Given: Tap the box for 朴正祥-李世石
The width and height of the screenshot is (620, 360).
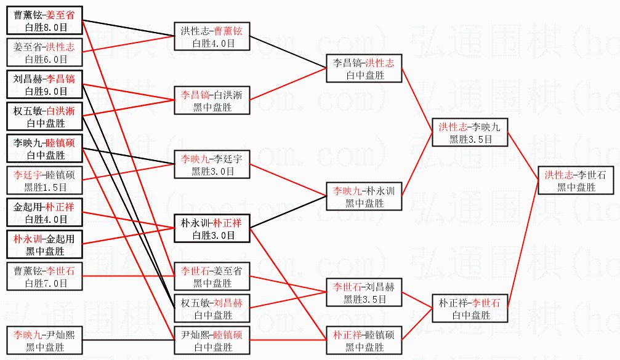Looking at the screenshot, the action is click(x=470, y=308).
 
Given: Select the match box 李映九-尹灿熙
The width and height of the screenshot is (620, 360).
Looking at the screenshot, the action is click(x=44, y=340).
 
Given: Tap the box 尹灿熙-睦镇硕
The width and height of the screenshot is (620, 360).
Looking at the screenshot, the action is click(x=212, y=340).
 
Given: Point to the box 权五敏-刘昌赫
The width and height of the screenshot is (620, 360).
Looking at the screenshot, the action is click(x=212, y=308).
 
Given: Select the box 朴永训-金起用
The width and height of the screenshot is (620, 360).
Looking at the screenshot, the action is click(x=44, y=244).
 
